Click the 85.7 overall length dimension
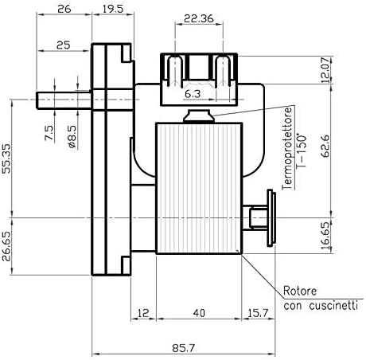pyautogui.click(x=184, y=347)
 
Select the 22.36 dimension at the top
pyautogui.click(x=199, y=18)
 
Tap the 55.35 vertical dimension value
pyautogui.click(x=6, y=158)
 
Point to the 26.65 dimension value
pyautogui.click(x=6, y=246)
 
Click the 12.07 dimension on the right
pyautogui.click(x=325, y=69)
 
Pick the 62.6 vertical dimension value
pyautogui.click(x=325, y=146)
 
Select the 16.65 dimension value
pyautogui.click(x=325, y=236)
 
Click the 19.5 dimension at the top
pyautogui.click(x=113, y=10)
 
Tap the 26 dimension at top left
pyautogui.click(x=64, y=10)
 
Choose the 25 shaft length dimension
pyautogui.click(x=64, y=45)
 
